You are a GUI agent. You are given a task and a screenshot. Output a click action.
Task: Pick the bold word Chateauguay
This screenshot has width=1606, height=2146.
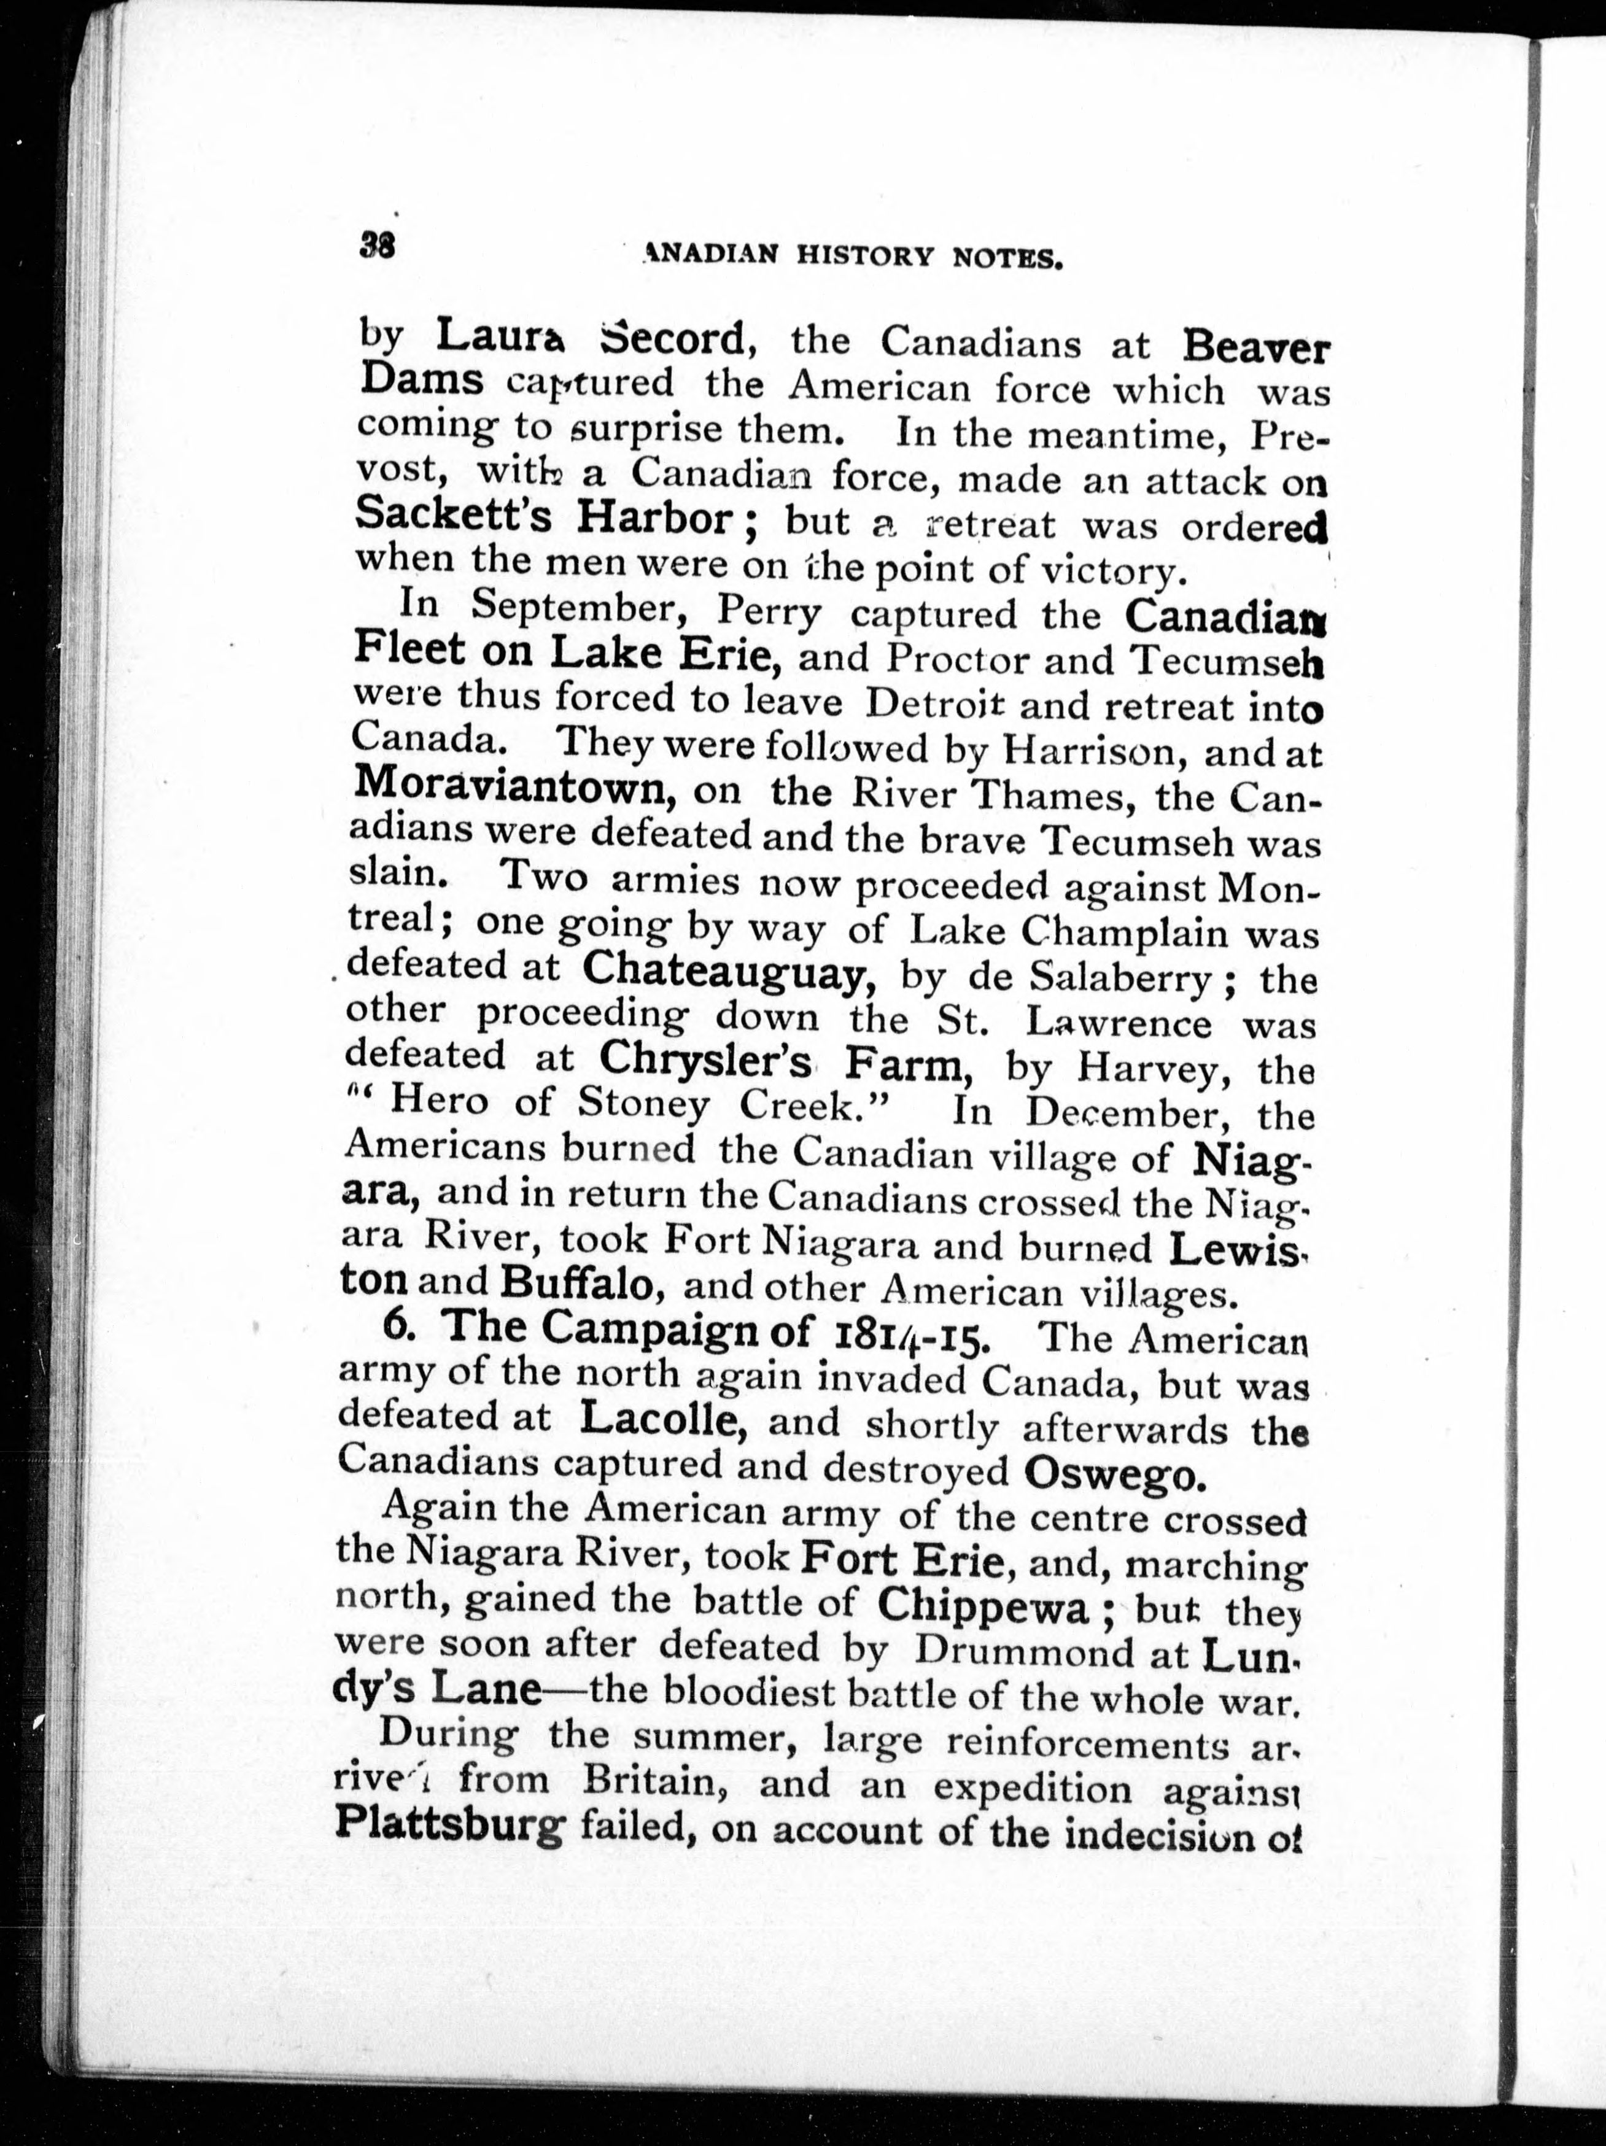(731, 967)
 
